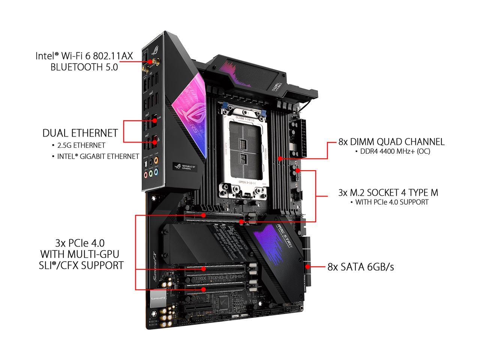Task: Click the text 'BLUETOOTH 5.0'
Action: (84, 67)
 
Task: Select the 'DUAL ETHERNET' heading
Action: (80, 133)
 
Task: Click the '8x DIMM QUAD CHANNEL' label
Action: (391, 142)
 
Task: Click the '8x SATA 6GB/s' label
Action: (360, 267)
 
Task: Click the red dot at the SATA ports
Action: (307, 267)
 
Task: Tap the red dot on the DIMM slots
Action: (279, 159)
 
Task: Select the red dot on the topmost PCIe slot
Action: (203, 215)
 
